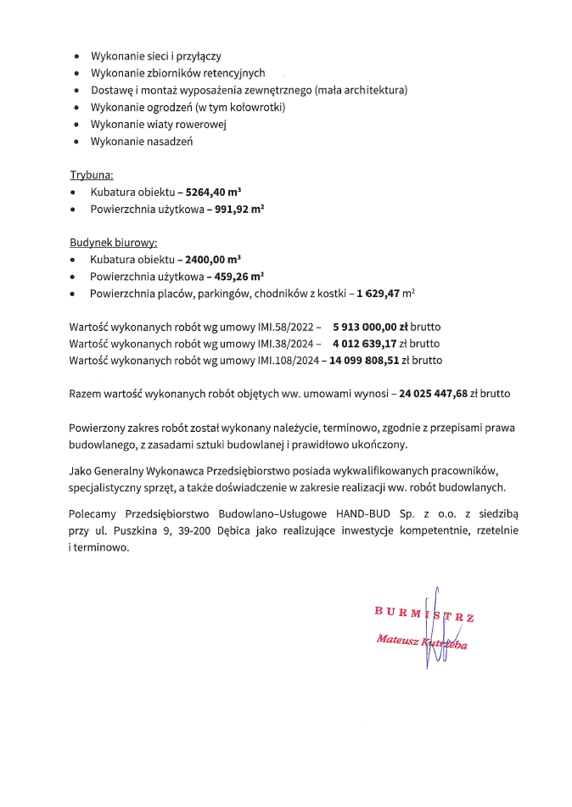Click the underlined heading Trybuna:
[x=91, y=176]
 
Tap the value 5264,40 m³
[x=212, y=192]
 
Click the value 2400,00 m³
[x=212, y=259]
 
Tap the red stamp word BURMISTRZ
[x=423, y=614]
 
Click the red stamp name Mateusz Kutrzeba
[x=421, y=641]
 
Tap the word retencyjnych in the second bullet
[x=235, y=74]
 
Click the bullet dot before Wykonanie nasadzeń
[x=76, y=142]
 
